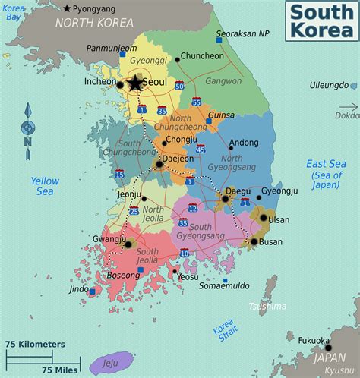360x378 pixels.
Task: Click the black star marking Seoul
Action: (x=135, y=83)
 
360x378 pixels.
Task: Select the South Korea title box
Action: (x=320, y=21)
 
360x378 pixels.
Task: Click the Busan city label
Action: (x=271, y=242)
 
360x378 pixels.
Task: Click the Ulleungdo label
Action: (x=328, y=86)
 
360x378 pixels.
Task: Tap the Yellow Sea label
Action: (x=45, y=187)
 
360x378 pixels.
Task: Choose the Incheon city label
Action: (x=100, y=81)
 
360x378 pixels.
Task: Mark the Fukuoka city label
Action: (x=314, y=340)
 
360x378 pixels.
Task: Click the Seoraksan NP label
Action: (x=242, y=34)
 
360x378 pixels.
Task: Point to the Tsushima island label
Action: (x=267, y=306)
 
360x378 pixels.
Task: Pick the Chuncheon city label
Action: (x=202, y=55)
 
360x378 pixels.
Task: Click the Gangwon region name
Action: (x=223, y=80)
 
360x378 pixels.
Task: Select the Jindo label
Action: (x=79, y=289)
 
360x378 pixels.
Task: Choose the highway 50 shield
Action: (x=179, y=87)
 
